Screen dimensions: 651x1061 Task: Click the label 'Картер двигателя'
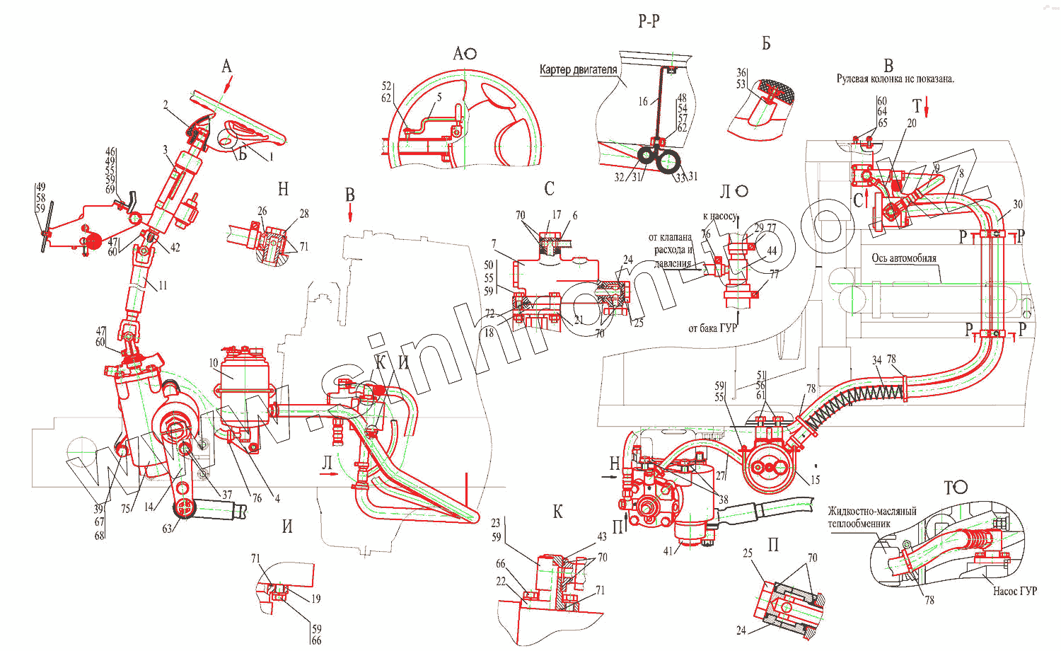click(x=578, y=70)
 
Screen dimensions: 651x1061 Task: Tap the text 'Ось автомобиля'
click(x=903, y=258)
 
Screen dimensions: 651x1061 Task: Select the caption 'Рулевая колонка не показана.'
click(x=895, y=79)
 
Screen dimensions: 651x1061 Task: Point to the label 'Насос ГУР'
click(x=1014, y=592)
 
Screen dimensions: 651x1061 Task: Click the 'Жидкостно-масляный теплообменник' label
click(x=871, y=517)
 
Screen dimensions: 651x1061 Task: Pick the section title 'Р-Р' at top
click(x=649, y=21)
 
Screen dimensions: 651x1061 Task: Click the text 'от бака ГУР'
click(x=712, y=328)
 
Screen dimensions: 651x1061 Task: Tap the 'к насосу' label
click(x=719, y=217)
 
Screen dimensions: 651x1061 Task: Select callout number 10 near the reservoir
click(x=214, y=363)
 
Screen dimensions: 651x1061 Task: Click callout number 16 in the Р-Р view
click(x=642, y=101)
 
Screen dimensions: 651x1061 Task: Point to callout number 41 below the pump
click(x=668, y=551)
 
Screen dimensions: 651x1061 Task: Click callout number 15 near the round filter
click(x=815, y=480)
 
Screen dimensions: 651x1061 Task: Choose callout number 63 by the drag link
click(x=167, y=528)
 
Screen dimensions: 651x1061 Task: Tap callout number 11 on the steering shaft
click(x=163, y=286)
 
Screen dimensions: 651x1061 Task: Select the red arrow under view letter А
click(x=227, y=85)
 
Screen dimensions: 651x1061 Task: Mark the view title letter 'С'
click(x=549, y=189)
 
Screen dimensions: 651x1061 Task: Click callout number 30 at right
click(x=1017, y=204)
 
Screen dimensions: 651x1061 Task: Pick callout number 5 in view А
click(x=439, y=97)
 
